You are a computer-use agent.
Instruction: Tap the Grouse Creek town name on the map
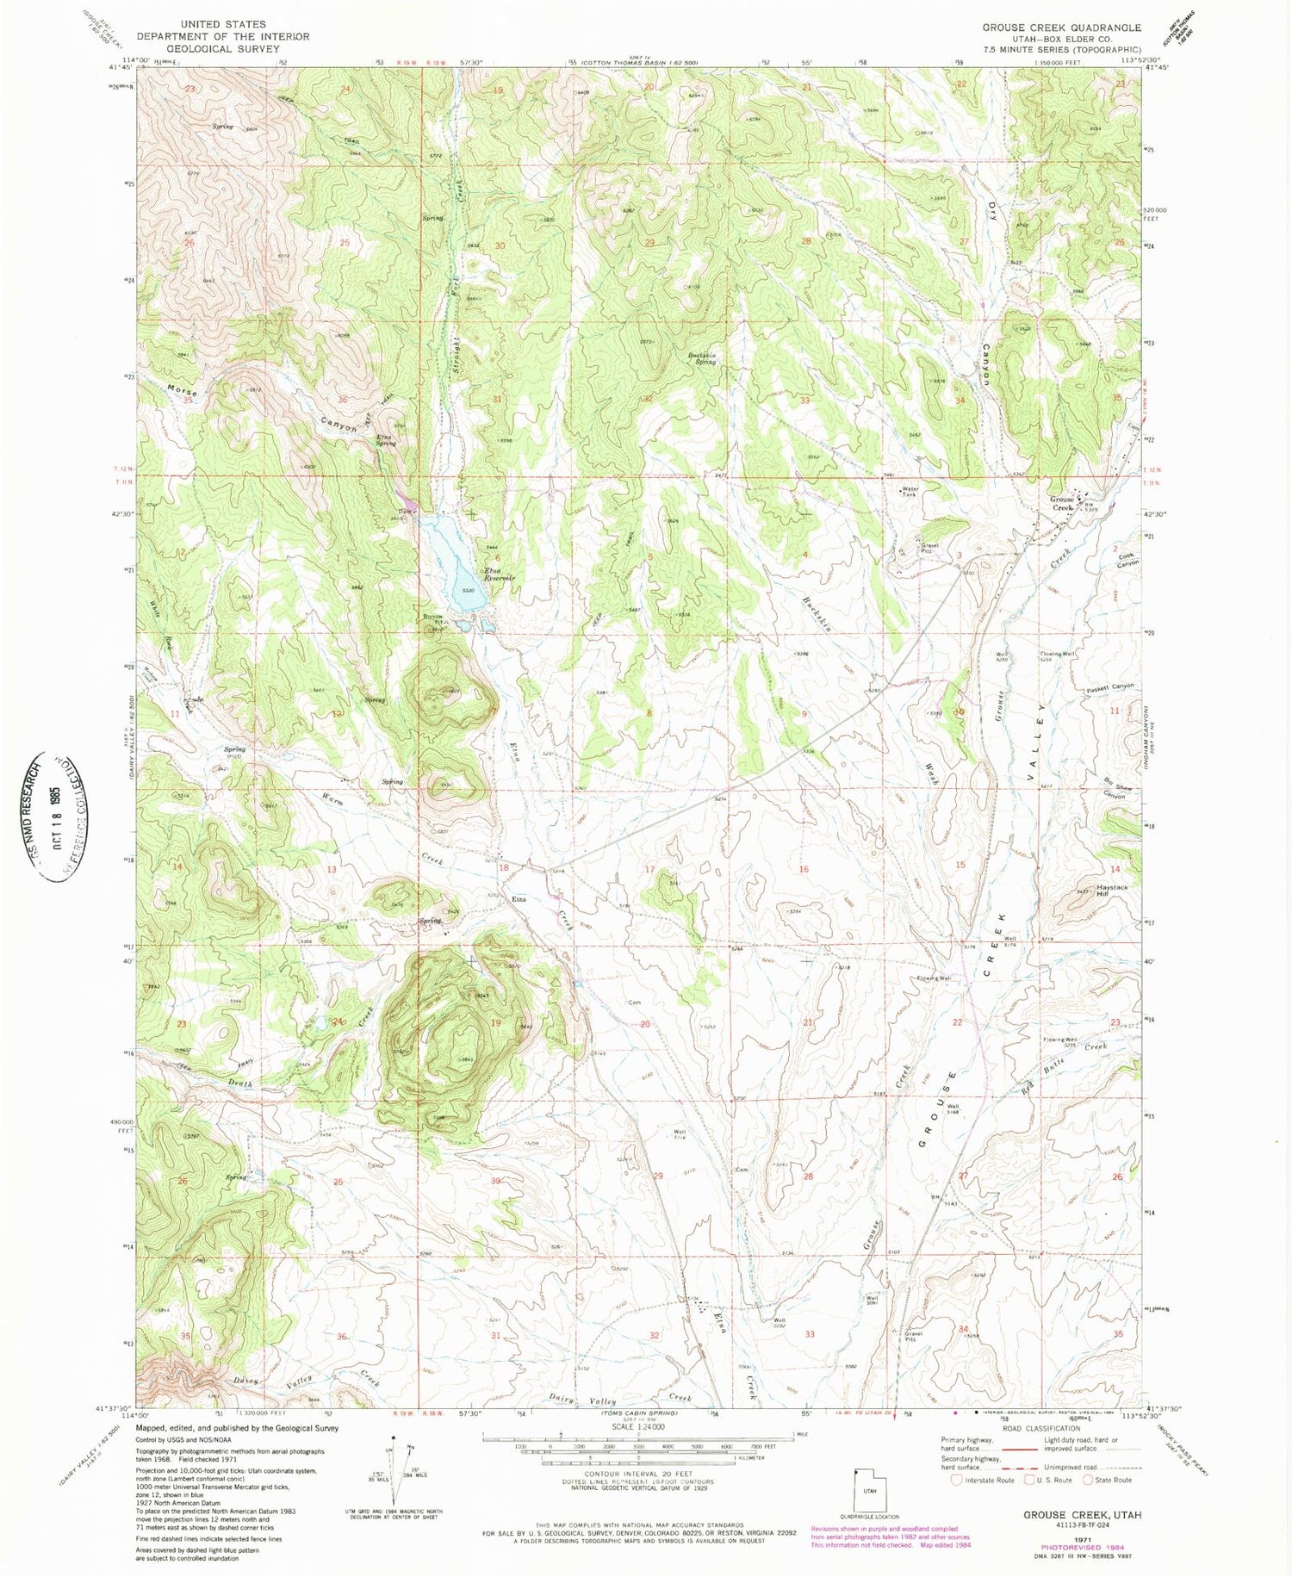point(1061,504)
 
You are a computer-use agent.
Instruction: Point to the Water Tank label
point(910,492)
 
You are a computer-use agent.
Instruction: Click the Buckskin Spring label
point(701,358)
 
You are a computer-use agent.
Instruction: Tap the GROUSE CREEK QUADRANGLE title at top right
point(1061,28)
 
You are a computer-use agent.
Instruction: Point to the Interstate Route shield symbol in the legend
point(956,1480)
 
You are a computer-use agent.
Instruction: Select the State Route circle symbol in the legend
point(1089,1480)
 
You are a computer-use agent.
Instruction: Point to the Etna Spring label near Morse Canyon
point(384,439)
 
